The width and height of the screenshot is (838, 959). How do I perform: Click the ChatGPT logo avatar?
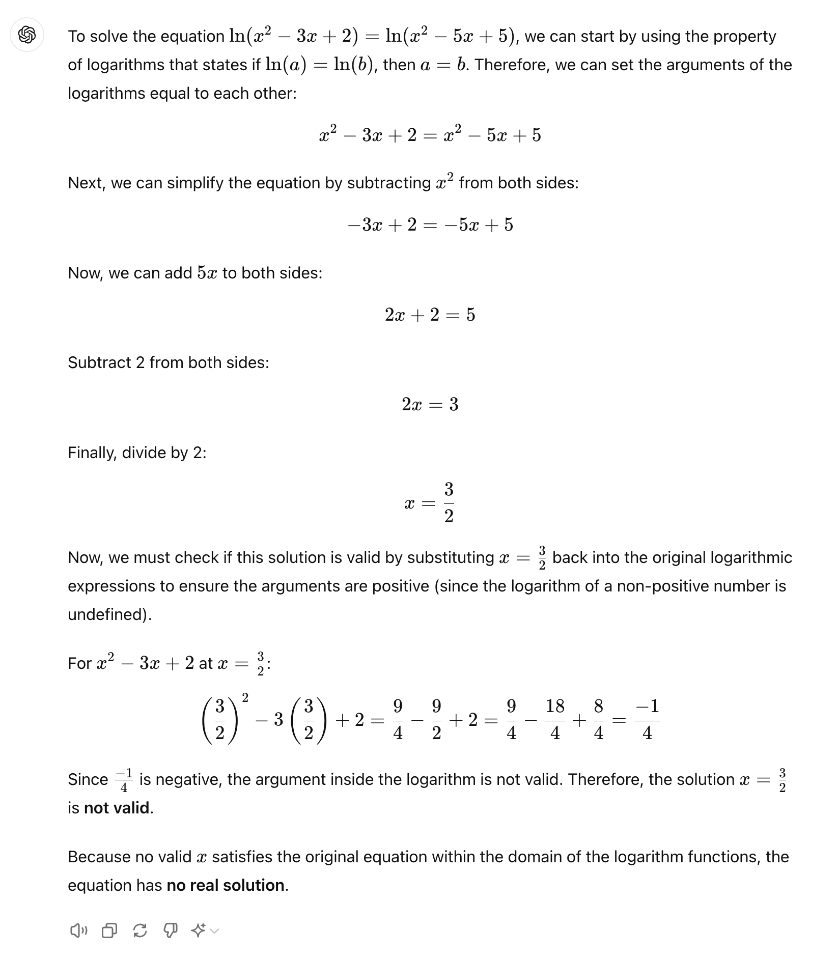27,35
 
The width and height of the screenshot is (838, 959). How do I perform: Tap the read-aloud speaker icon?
78,931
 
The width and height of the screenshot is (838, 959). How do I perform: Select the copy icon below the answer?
109,931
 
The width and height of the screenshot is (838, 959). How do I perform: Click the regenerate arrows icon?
139,931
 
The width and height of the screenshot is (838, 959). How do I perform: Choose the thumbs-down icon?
170,931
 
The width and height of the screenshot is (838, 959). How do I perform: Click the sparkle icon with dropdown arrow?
204,931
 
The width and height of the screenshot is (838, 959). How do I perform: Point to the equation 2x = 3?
430,404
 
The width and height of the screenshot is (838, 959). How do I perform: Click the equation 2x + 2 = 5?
430,315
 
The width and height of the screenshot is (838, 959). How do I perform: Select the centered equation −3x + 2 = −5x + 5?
430,224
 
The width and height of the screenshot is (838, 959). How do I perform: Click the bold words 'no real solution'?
226,885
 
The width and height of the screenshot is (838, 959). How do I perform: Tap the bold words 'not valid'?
117,808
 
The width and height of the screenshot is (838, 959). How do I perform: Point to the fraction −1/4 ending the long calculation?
647,720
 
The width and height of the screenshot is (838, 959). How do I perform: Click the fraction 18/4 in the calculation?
555,720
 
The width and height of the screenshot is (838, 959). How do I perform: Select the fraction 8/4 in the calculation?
599,720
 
